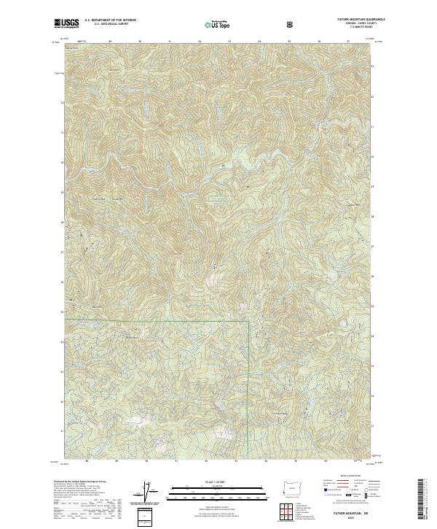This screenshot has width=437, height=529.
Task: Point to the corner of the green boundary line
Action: [248, 320]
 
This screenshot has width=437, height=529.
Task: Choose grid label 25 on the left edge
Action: [61, 312]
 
